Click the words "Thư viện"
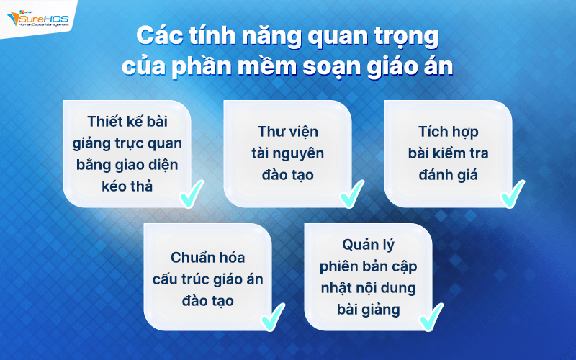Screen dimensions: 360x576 (x=288, y=132)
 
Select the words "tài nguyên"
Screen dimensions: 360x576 (x=288, y=153)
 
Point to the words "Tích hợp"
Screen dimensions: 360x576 (x=448, y=132)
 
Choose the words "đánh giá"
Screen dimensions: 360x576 (x=448, y=175)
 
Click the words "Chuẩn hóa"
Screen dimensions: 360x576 (x=208, y=257)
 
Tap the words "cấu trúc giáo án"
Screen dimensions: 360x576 (x=208, y=278)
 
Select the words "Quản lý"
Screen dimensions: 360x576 (x=368, y=246)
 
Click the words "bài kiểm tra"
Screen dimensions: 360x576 (x=448, y=153)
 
